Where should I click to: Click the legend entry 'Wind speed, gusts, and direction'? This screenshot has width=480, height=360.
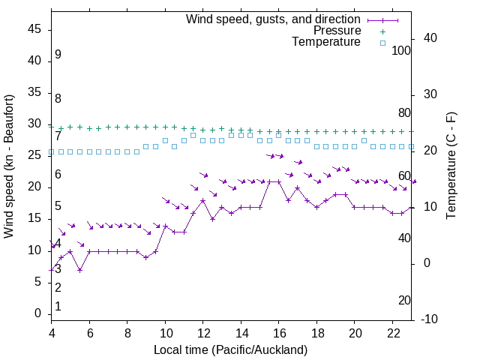click(x=273, y=19)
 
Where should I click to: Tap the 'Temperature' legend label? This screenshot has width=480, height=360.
click(x=326, y=42)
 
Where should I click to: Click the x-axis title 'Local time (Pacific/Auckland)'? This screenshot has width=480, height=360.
click(x=230, y=350)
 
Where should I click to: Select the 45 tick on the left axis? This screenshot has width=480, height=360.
click(x=35, y=29)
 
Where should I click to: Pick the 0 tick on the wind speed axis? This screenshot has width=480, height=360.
click(x=38, y=313)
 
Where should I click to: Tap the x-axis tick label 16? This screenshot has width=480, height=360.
click(x=278, y=332)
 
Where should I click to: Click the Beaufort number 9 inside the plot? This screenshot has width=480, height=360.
click(x=58, y=55)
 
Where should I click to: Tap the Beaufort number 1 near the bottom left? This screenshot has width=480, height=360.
click(x=58, y=306)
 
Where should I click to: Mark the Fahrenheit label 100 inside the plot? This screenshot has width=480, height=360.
click(x=401, y=50)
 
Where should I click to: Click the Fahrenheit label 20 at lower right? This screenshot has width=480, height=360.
click(x=404, y=300)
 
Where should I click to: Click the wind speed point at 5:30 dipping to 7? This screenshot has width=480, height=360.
click(x=79, y=270)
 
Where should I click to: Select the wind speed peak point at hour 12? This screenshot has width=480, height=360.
click(x=202, y=200)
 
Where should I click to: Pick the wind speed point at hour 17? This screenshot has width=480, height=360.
click(x=298, y=187)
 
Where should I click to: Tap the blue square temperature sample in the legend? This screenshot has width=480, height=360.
click(x=382, y=43)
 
